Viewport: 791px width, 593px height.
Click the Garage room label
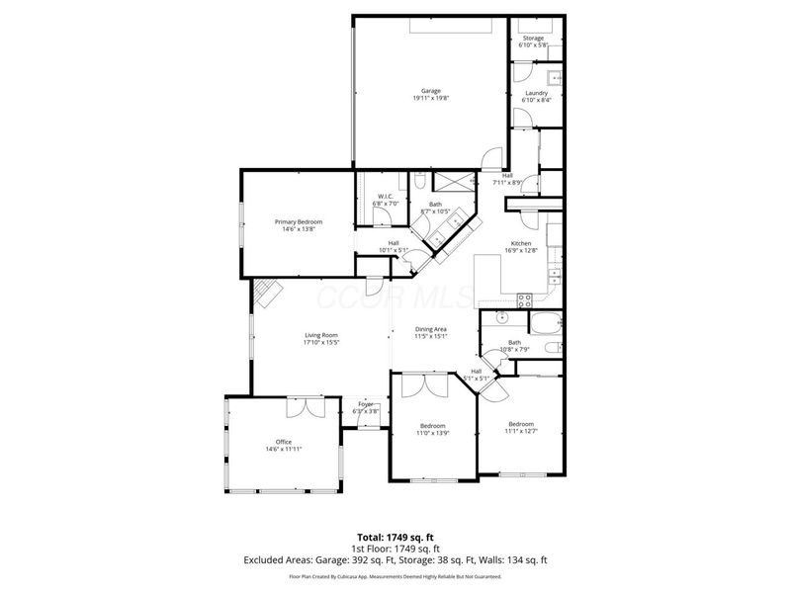[x=430, y=91]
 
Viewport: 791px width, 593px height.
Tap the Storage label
[x=533, y=38]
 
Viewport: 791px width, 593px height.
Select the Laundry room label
[x=535, y=93]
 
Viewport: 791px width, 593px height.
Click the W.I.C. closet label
[x=386, y=197]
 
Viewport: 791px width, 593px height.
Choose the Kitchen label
[x=521, y=243]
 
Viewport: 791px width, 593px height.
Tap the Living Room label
[x=321, y=336]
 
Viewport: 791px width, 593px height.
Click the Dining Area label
[x=430, y=328]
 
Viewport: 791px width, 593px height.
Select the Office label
[x=284, y=442]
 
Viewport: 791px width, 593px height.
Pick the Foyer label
[x=366, y=404]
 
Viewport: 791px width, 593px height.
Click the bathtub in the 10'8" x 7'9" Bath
[x=545, y=323]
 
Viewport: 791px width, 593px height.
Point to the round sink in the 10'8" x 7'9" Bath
[x=501, y=318]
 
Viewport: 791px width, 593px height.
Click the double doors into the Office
[x=301, y=407]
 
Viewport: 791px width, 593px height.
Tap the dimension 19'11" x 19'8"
[x=430, y=98]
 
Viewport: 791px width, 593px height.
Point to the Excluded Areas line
[x=395, y=559]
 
